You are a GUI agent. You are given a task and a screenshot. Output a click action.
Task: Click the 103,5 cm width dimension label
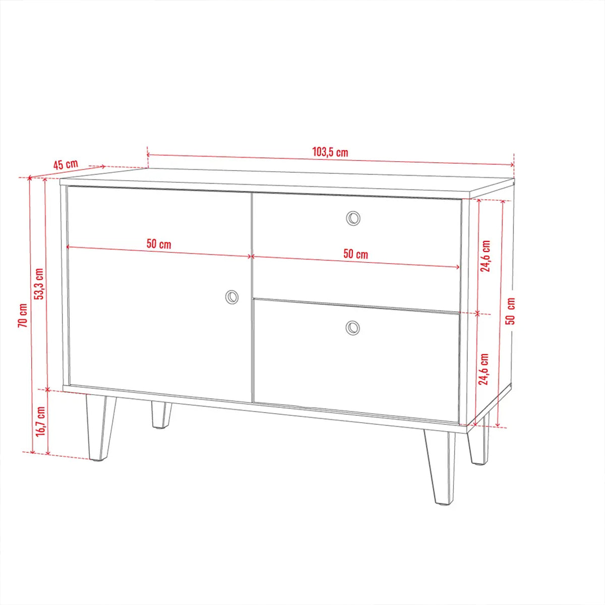point(330,152)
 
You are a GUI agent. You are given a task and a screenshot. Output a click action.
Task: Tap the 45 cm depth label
point(66,164)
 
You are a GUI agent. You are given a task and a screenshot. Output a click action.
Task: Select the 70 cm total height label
point(23,315)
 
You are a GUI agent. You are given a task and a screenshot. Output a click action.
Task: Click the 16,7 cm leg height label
point(40,421)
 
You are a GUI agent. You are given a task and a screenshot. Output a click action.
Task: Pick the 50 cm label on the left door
point(159,244)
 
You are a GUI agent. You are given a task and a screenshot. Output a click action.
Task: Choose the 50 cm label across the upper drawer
point(355,254)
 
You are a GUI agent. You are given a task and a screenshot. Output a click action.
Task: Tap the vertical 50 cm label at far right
point(511,311)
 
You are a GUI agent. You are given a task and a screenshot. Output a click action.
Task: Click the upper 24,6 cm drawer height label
point(486,256)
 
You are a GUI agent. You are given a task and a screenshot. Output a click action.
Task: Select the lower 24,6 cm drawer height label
point(483,369)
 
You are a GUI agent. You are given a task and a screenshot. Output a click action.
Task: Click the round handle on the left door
point(232,296)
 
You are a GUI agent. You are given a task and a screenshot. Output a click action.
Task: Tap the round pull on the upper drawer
point(353,218)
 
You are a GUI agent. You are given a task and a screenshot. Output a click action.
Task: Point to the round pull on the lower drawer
point(352,328)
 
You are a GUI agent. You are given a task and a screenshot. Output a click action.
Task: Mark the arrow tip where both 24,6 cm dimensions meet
point(477,313)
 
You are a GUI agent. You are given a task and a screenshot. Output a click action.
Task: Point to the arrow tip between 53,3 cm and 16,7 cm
point(47,390)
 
